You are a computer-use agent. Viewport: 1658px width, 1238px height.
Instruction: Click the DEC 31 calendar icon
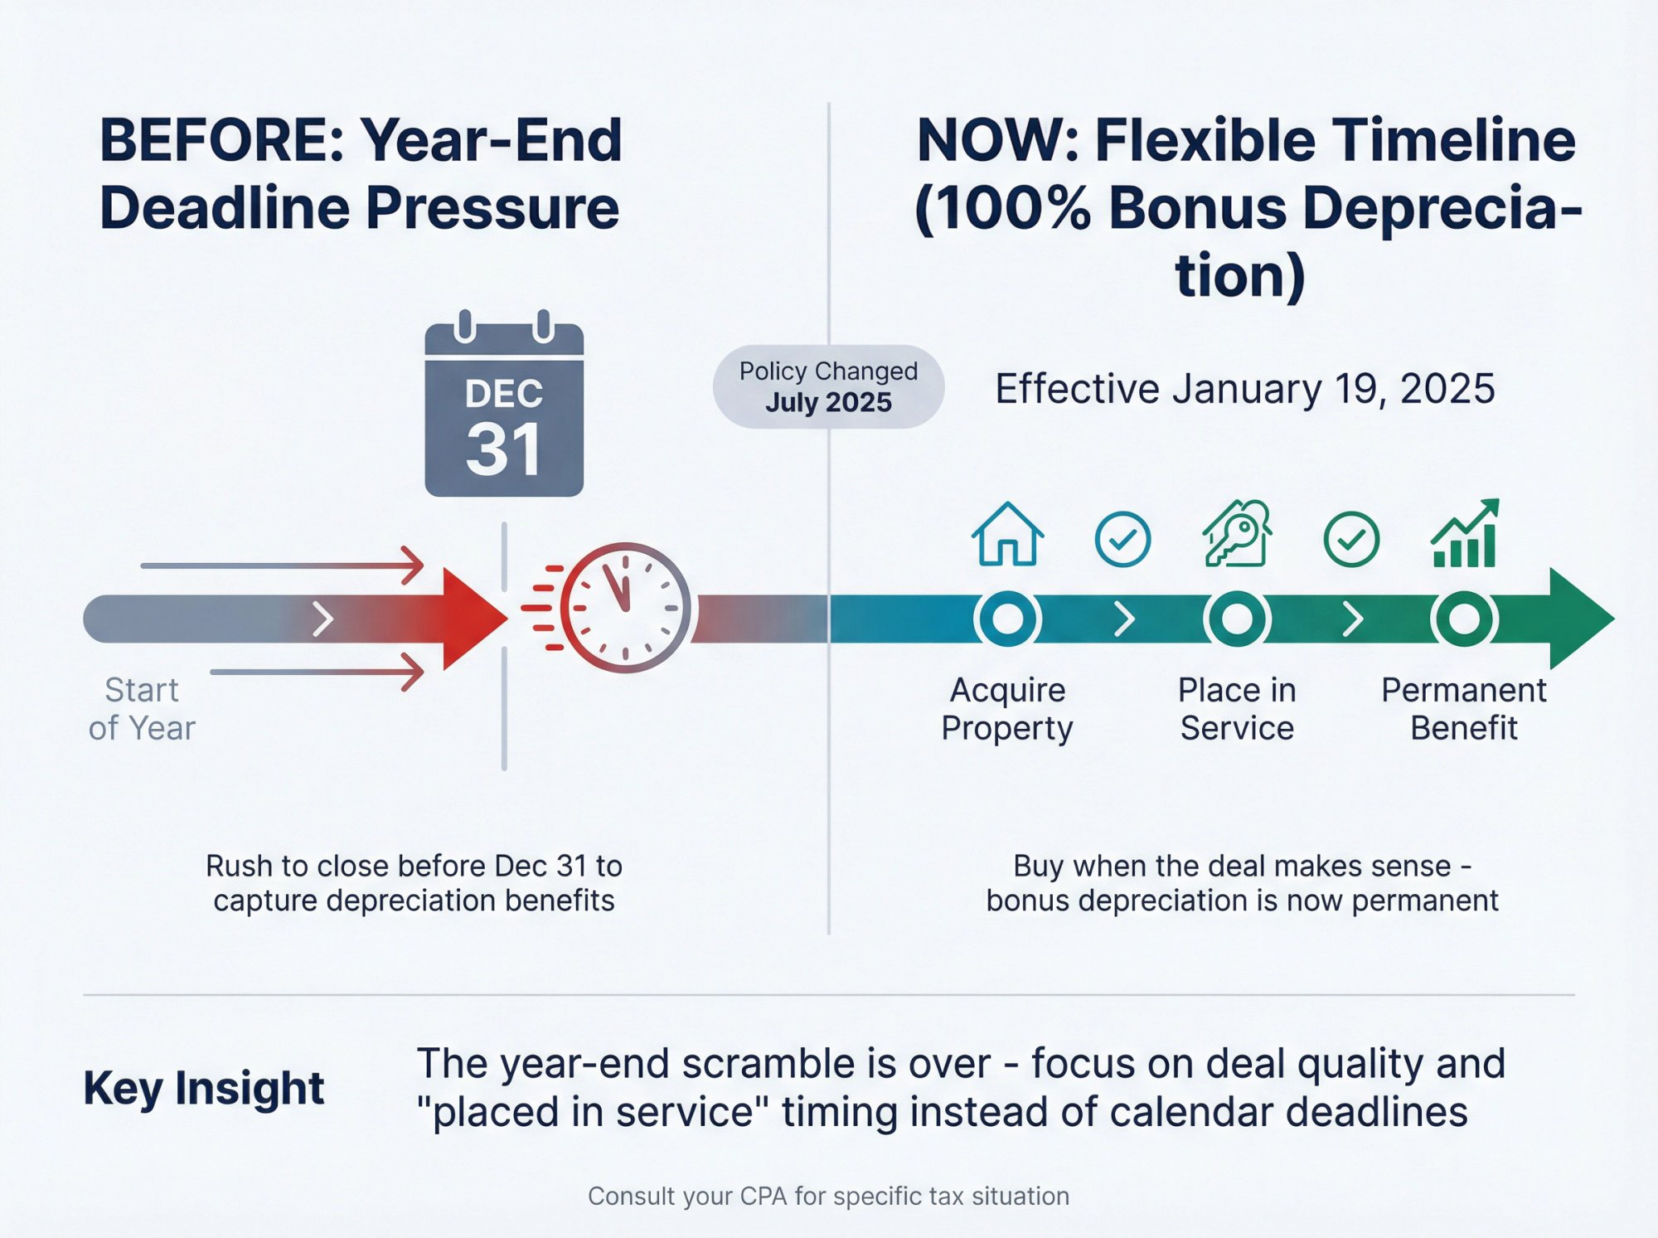pos(504,411)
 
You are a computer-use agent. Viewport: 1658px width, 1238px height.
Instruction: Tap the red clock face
pos(626,608)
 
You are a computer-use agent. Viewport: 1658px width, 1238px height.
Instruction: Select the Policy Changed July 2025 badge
pos(828,386)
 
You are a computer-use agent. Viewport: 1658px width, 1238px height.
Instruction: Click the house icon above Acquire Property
pos(1007,536)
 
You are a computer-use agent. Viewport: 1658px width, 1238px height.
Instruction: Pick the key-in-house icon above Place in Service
pos(1236,536)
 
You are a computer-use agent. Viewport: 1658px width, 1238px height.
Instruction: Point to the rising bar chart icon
pos(1465,536)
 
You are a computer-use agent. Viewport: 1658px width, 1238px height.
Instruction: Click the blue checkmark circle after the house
pos(1122,540)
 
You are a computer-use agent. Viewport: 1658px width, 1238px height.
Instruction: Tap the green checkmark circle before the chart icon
pos(1351,540)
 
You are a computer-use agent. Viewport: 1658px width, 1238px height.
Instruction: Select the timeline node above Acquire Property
pos(1007,619)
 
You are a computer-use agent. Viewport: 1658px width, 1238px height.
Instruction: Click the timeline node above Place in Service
pos(1236,619)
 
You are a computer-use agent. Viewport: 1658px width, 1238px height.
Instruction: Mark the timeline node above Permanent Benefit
pos(1464,619)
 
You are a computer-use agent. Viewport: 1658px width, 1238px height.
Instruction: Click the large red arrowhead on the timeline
pos(471,619)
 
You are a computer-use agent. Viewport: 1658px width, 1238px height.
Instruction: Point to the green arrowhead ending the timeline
pos(1578,619)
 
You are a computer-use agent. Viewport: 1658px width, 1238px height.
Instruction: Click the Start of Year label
pos(142,709)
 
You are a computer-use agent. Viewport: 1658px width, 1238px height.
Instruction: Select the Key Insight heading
pos(203,1088)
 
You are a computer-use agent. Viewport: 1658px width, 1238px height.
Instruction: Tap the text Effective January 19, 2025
pos(1244,388)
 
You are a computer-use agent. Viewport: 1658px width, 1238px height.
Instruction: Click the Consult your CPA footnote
pos(828,1196)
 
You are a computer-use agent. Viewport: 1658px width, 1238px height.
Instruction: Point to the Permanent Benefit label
pos(1464,709)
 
